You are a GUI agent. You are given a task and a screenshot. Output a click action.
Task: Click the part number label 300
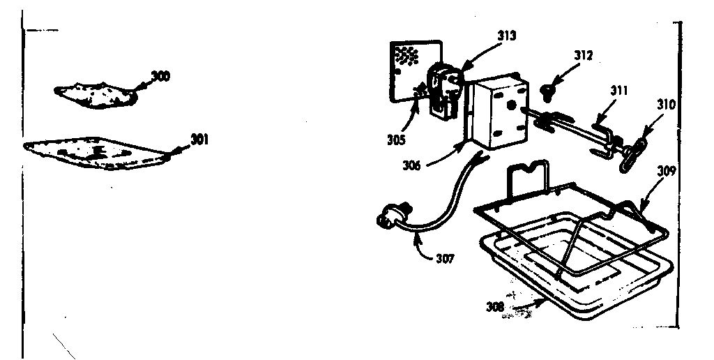coord(160,75)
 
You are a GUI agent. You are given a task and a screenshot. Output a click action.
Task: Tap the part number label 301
coord(199,140)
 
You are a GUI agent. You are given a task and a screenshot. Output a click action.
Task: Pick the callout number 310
coord(666,106)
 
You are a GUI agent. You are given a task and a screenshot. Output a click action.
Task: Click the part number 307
coord(443,259)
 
